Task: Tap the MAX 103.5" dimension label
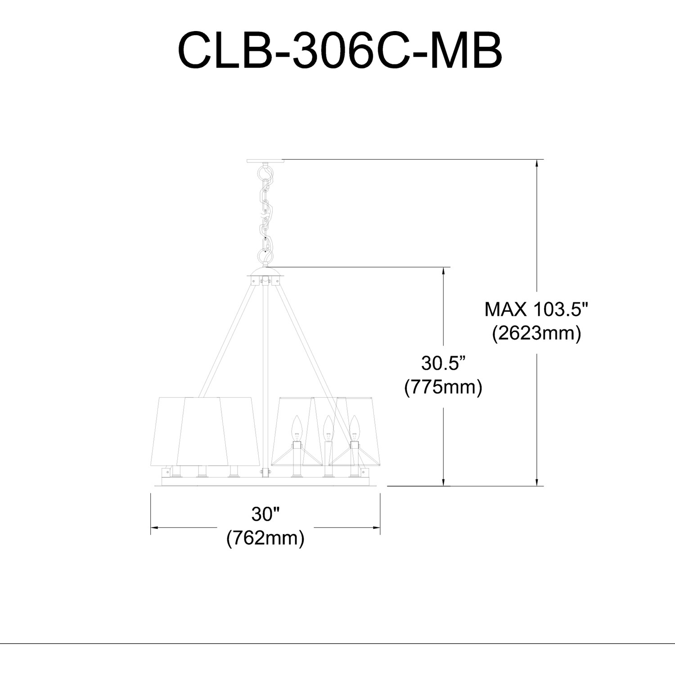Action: pos(536,310)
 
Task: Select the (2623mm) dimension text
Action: pos(536,333)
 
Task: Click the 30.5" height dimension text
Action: pos(443,363)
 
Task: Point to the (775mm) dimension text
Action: pos(443,387)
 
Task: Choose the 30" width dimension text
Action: pos(265,514)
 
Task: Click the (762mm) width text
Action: pos(265,537)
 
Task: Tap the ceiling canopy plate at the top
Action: pos(265,161)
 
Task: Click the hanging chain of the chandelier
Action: pos(265,214)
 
